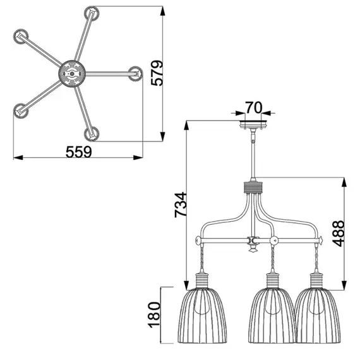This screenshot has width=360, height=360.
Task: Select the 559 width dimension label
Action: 79,152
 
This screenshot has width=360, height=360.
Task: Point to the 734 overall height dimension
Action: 180,205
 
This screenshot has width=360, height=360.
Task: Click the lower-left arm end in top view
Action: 23,109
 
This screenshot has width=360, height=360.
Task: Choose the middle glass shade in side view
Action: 273,316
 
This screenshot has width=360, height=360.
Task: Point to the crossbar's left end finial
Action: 198,241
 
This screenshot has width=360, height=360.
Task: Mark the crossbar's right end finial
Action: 323,241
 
